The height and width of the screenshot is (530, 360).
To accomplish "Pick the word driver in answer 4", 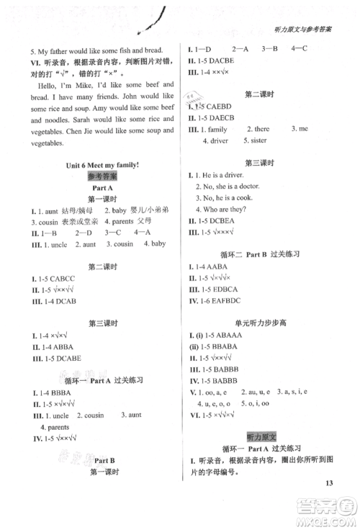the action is point(219,140).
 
